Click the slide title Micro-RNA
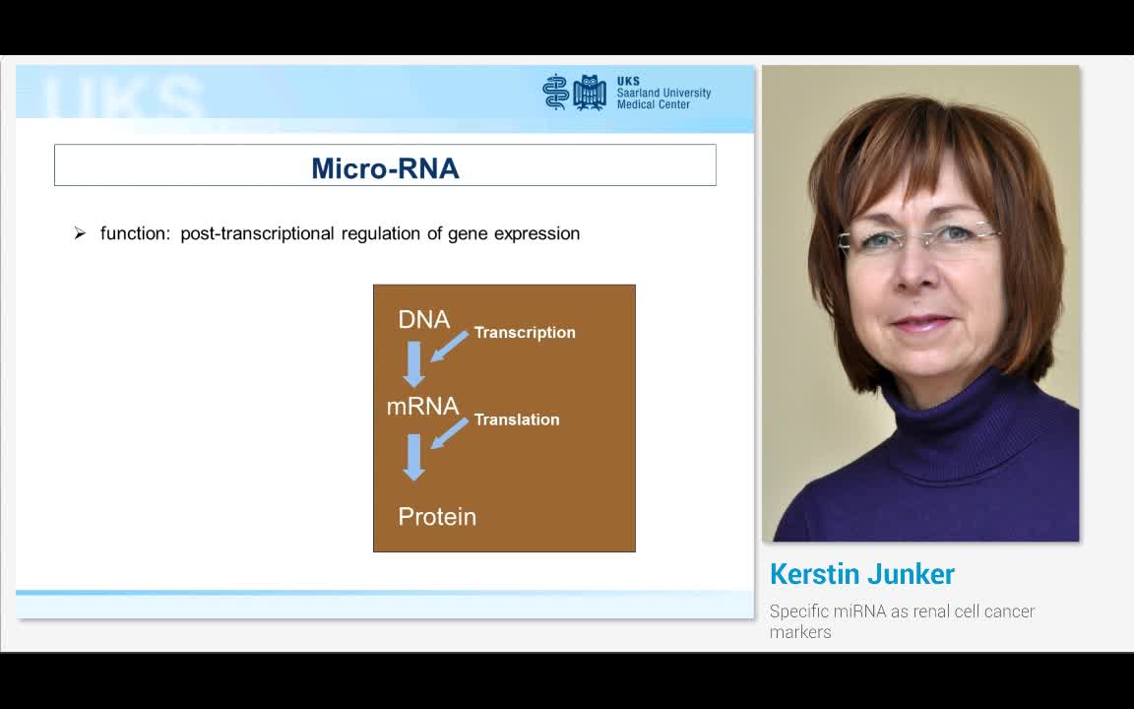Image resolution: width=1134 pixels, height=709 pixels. [x=385, y=168]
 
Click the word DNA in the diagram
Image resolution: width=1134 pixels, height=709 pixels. [x=423, y=319]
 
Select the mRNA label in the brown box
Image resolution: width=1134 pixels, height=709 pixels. [x=422, y=406]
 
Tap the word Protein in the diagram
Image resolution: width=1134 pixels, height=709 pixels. [x=437, y=516]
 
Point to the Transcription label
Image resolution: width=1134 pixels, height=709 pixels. [x=525, y=333]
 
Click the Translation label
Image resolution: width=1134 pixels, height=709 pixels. [x=517, y=419]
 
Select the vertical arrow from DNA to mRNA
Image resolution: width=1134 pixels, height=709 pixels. [x=414, y=363]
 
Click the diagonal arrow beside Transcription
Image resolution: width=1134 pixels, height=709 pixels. [x=449, y=347]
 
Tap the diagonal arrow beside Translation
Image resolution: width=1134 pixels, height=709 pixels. [x=449, y=433]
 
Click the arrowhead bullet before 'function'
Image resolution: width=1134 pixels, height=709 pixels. [x=80, y=233]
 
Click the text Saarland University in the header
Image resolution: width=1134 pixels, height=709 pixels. [x=663, y=94]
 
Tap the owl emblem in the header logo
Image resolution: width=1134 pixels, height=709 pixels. [x=590, y=92]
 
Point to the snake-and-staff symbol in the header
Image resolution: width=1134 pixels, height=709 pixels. [x=555, y=92]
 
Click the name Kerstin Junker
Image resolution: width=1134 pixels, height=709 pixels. [x=862, y=574]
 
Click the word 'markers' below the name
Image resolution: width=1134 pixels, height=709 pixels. [x=800, y=632]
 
